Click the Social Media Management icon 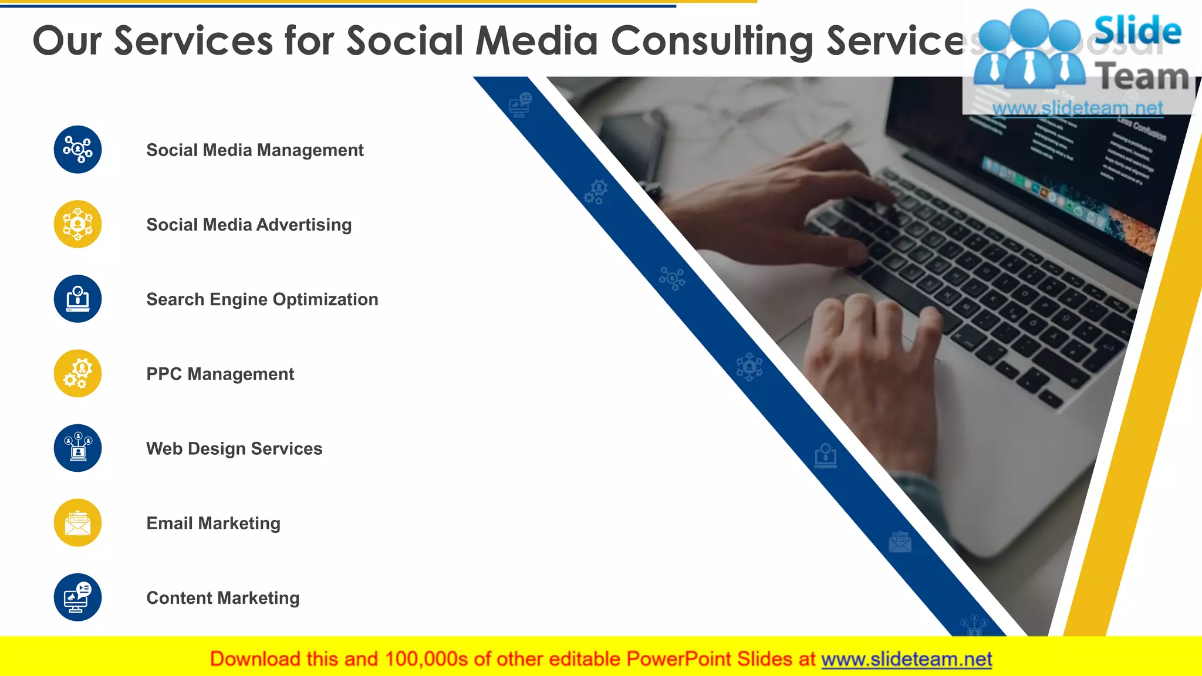(x=77, y=150)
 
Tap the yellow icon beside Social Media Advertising (x=77, y=224)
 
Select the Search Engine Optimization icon (x=77, y=299)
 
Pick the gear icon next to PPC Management (x=77, y=373)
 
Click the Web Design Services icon (x=77, y=448)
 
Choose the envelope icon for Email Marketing (x=77, y=523)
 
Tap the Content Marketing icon (x=77, y=597)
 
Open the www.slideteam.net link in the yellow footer (x=907, y=659)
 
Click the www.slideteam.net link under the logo (x=1078, y=108)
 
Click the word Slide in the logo (x=1137, y=31)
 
